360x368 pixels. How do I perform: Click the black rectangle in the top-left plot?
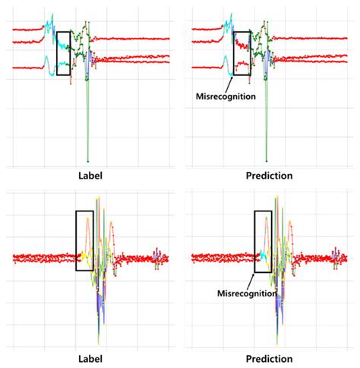point(64,53)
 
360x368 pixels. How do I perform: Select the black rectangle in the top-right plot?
point(242,53)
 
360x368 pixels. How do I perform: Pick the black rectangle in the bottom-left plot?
point(84,240)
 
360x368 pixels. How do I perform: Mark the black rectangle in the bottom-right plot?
point(263,240)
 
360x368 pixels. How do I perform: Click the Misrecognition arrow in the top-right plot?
point(232,81)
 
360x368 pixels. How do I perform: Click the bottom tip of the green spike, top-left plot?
point(87,160)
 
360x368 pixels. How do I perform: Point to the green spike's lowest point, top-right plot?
point(267,160)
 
